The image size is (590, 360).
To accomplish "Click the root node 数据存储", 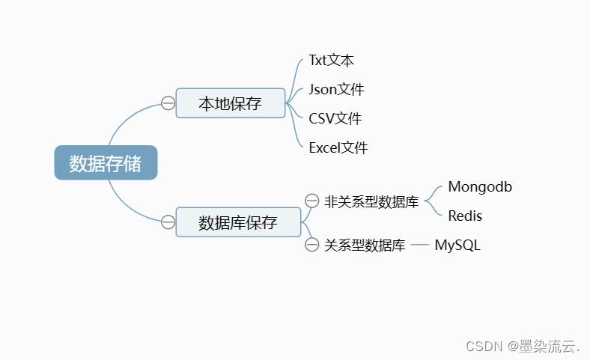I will point(106,162).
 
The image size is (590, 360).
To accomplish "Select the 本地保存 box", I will point(231,103).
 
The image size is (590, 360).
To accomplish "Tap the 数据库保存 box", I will point(238,222).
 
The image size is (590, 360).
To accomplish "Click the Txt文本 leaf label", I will point(332,61).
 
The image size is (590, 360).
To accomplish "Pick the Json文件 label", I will point(336,90).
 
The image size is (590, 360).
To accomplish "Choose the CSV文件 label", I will point(335,118).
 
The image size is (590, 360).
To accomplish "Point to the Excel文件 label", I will point(338,147).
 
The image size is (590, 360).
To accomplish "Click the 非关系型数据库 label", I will point(371,201).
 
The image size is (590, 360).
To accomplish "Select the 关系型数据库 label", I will point(365,245).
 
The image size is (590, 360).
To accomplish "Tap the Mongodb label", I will point(480,187).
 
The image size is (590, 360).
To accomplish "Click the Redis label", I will point(465,216).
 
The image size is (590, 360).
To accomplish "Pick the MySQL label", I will point(457,245).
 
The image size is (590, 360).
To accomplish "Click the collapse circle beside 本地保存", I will point(168,103).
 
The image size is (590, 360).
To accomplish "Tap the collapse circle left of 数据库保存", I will point(168,222).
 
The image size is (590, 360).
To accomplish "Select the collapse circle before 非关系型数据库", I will point(312,201).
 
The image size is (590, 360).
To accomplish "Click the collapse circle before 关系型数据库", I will point(312,245).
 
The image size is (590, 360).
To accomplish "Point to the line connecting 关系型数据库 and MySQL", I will point(420,245).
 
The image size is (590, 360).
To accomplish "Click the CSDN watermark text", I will point(484,346).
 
